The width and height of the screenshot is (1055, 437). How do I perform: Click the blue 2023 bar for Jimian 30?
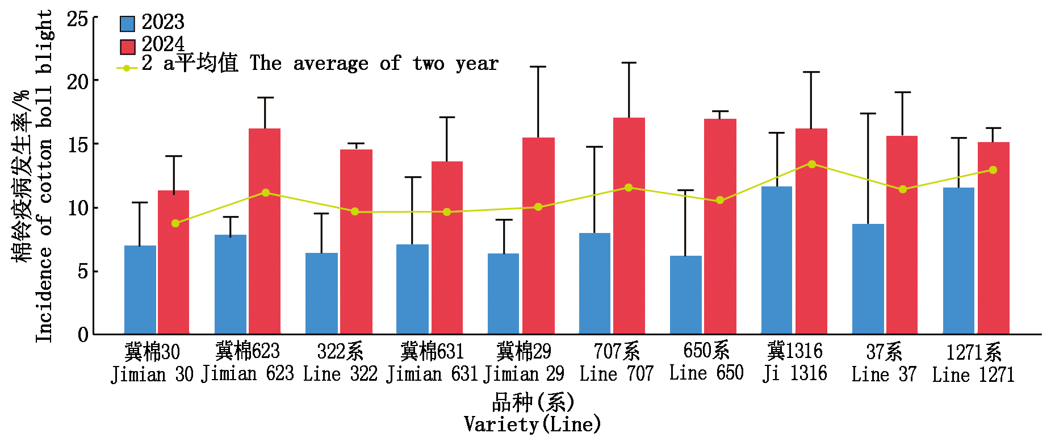pos(140,290)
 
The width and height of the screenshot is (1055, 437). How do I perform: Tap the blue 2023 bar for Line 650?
pos(685,295)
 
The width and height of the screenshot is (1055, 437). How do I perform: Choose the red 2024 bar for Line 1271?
pos(993,238)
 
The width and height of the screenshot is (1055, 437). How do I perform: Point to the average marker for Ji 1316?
pos(812,164)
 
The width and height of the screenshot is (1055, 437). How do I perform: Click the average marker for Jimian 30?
pos(175,223)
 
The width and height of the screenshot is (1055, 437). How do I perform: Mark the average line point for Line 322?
pos(355,212)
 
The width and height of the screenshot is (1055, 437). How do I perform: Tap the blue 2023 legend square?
pos(127,23)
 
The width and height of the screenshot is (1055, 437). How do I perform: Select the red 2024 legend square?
pos(127,46)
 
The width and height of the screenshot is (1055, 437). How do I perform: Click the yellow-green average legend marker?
pos(127,68)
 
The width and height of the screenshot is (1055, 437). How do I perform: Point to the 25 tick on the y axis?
pos(78,19)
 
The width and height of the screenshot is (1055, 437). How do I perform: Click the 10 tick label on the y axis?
pos(78,208)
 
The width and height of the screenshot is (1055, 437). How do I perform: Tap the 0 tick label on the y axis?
pos(83,334)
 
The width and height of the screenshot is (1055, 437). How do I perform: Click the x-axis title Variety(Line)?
pos(532,424)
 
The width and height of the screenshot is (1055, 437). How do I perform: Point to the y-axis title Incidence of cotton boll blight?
pos(43,176)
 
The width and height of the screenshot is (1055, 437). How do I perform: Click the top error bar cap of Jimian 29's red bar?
pos(538,67)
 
